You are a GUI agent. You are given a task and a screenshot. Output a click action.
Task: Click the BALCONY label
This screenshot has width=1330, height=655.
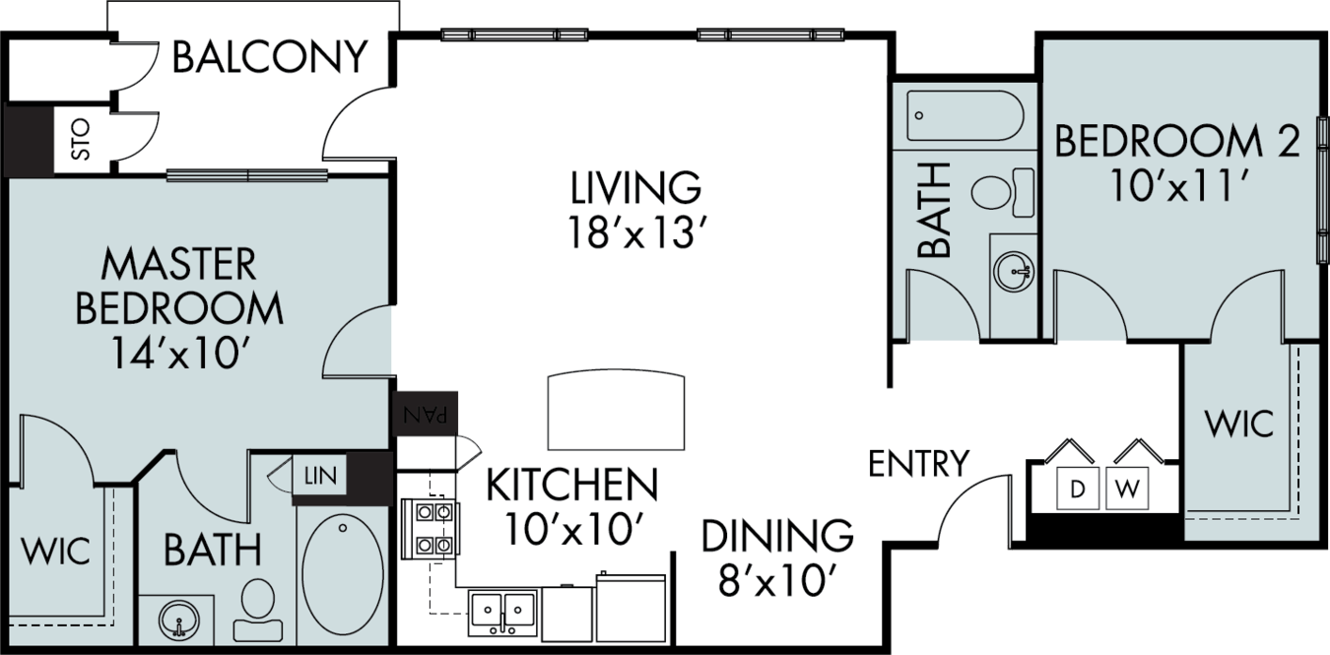pyautogui.click(x=270, y=57)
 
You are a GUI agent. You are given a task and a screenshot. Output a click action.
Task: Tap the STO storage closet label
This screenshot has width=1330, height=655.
pyautogui.click(x=81, y=140)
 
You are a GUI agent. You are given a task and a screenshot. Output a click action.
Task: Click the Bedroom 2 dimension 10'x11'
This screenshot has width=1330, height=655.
pyautogui.click(x=1176, y=185)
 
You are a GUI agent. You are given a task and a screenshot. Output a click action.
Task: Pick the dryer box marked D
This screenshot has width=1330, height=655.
pyautogui.click(x=1078, y=489)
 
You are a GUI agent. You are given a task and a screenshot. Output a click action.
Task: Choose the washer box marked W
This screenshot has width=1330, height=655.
pyautogui.click(x=1127, y=489)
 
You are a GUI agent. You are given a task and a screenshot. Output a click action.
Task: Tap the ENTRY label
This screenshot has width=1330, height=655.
pyautogui.click(x=918, y=464)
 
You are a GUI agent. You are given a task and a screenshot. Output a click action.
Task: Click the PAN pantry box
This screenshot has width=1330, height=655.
pyautogui.click(x=425, y=414)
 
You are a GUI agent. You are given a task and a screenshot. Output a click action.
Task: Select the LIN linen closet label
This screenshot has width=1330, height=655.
pyautogui.click(x=320, y=475)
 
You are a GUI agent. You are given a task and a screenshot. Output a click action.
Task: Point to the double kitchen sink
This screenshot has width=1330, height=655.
pyautogui.click(x=502, y=613)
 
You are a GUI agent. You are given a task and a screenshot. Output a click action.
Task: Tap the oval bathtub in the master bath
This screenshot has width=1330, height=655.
pyautogui.click(x=343, y=574)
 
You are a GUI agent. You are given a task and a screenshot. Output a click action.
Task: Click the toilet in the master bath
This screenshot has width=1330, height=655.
pyautogui.click(x=258, y=610)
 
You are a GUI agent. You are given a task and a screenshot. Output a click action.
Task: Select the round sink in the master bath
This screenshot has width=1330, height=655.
pyautogui.click(x=178, y=620)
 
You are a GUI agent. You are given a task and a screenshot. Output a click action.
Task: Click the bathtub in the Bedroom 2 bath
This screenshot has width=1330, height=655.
pyautogui.click(x=965, y=116)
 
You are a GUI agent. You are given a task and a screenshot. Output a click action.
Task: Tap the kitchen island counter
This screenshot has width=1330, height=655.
pyautogui.click(x=616, y=411)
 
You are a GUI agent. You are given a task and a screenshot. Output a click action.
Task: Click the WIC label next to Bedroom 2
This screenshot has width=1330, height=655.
pyautogui.click(x=1239, y=424)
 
